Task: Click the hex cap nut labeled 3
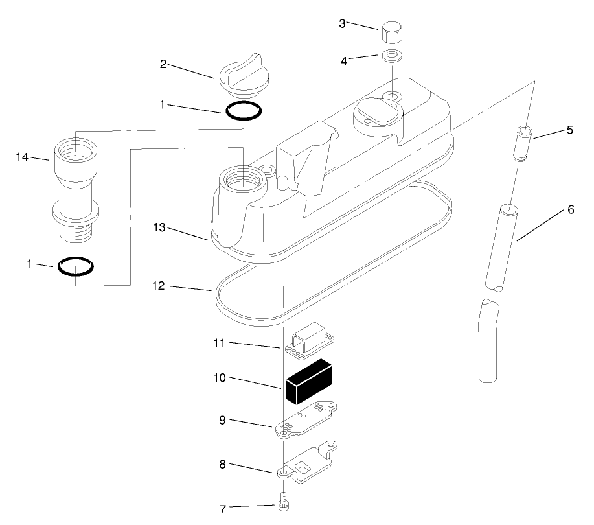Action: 392,31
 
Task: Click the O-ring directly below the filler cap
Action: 244,111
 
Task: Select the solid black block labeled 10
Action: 308,382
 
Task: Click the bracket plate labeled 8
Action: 308,463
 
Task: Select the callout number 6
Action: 571,209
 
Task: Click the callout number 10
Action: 219,377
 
